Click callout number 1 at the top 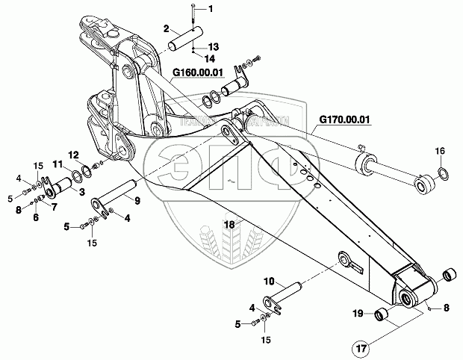click(210, 9)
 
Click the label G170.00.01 click(345, 119)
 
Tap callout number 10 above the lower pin click(269, 282)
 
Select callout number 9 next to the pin click(137, 200)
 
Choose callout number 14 click(210, 57)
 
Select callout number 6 click(34, 217)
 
